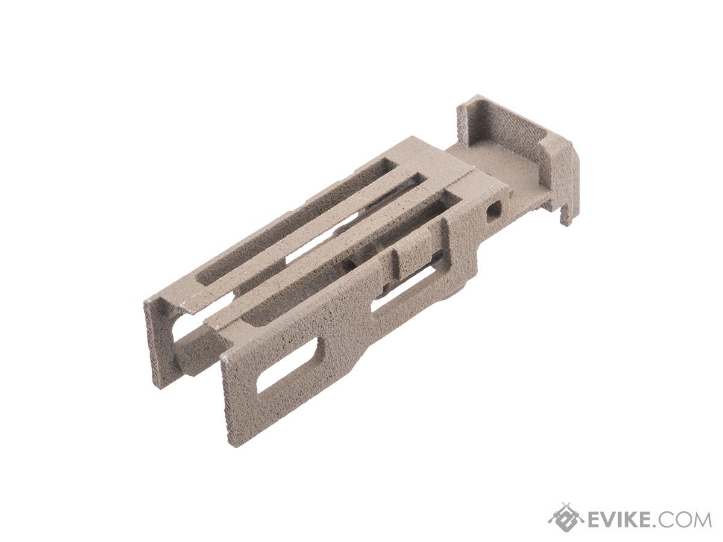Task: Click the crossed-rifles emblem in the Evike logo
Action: click(565, 517)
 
